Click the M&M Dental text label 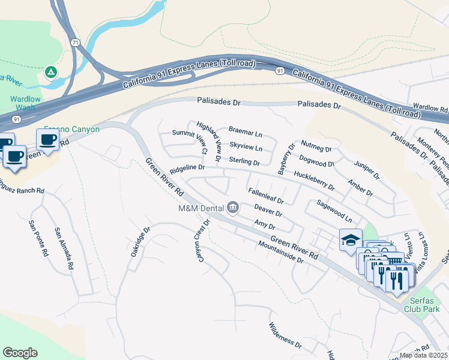(200, 208)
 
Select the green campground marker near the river (52, 73)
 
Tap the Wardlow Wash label (25, 103)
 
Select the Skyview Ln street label (246, 147)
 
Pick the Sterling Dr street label (244, 162)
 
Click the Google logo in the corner (20, 353)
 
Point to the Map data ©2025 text (424, 355)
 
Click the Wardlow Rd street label (430, 109)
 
